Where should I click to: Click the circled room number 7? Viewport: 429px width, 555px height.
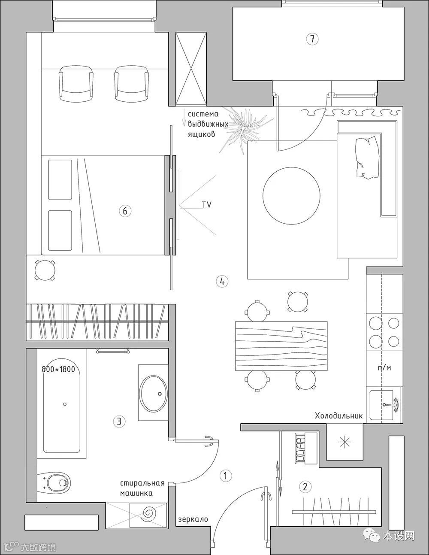[x=312, y=39]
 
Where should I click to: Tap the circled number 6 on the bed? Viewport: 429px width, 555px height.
[x=125, y=211]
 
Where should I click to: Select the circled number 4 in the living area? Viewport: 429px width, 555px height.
[x=222, y=282]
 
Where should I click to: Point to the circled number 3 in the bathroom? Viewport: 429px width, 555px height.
[x=119, y=421]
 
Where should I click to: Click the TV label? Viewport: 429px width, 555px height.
[x=207, y=205]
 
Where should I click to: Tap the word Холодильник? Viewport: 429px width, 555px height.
[x=338, y=416]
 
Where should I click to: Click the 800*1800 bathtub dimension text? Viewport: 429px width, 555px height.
[x=58, y=369]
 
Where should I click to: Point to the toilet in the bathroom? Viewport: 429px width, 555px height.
[x=54, y=482]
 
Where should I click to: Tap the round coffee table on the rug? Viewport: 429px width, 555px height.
[x=291, y=196]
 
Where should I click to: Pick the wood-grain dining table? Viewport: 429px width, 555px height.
[x=281, y=346]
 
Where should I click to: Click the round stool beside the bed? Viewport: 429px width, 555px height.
[x=45, y=270]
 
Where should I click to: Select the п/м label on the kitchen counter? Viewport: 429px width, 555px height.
[x=384, y=368]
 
